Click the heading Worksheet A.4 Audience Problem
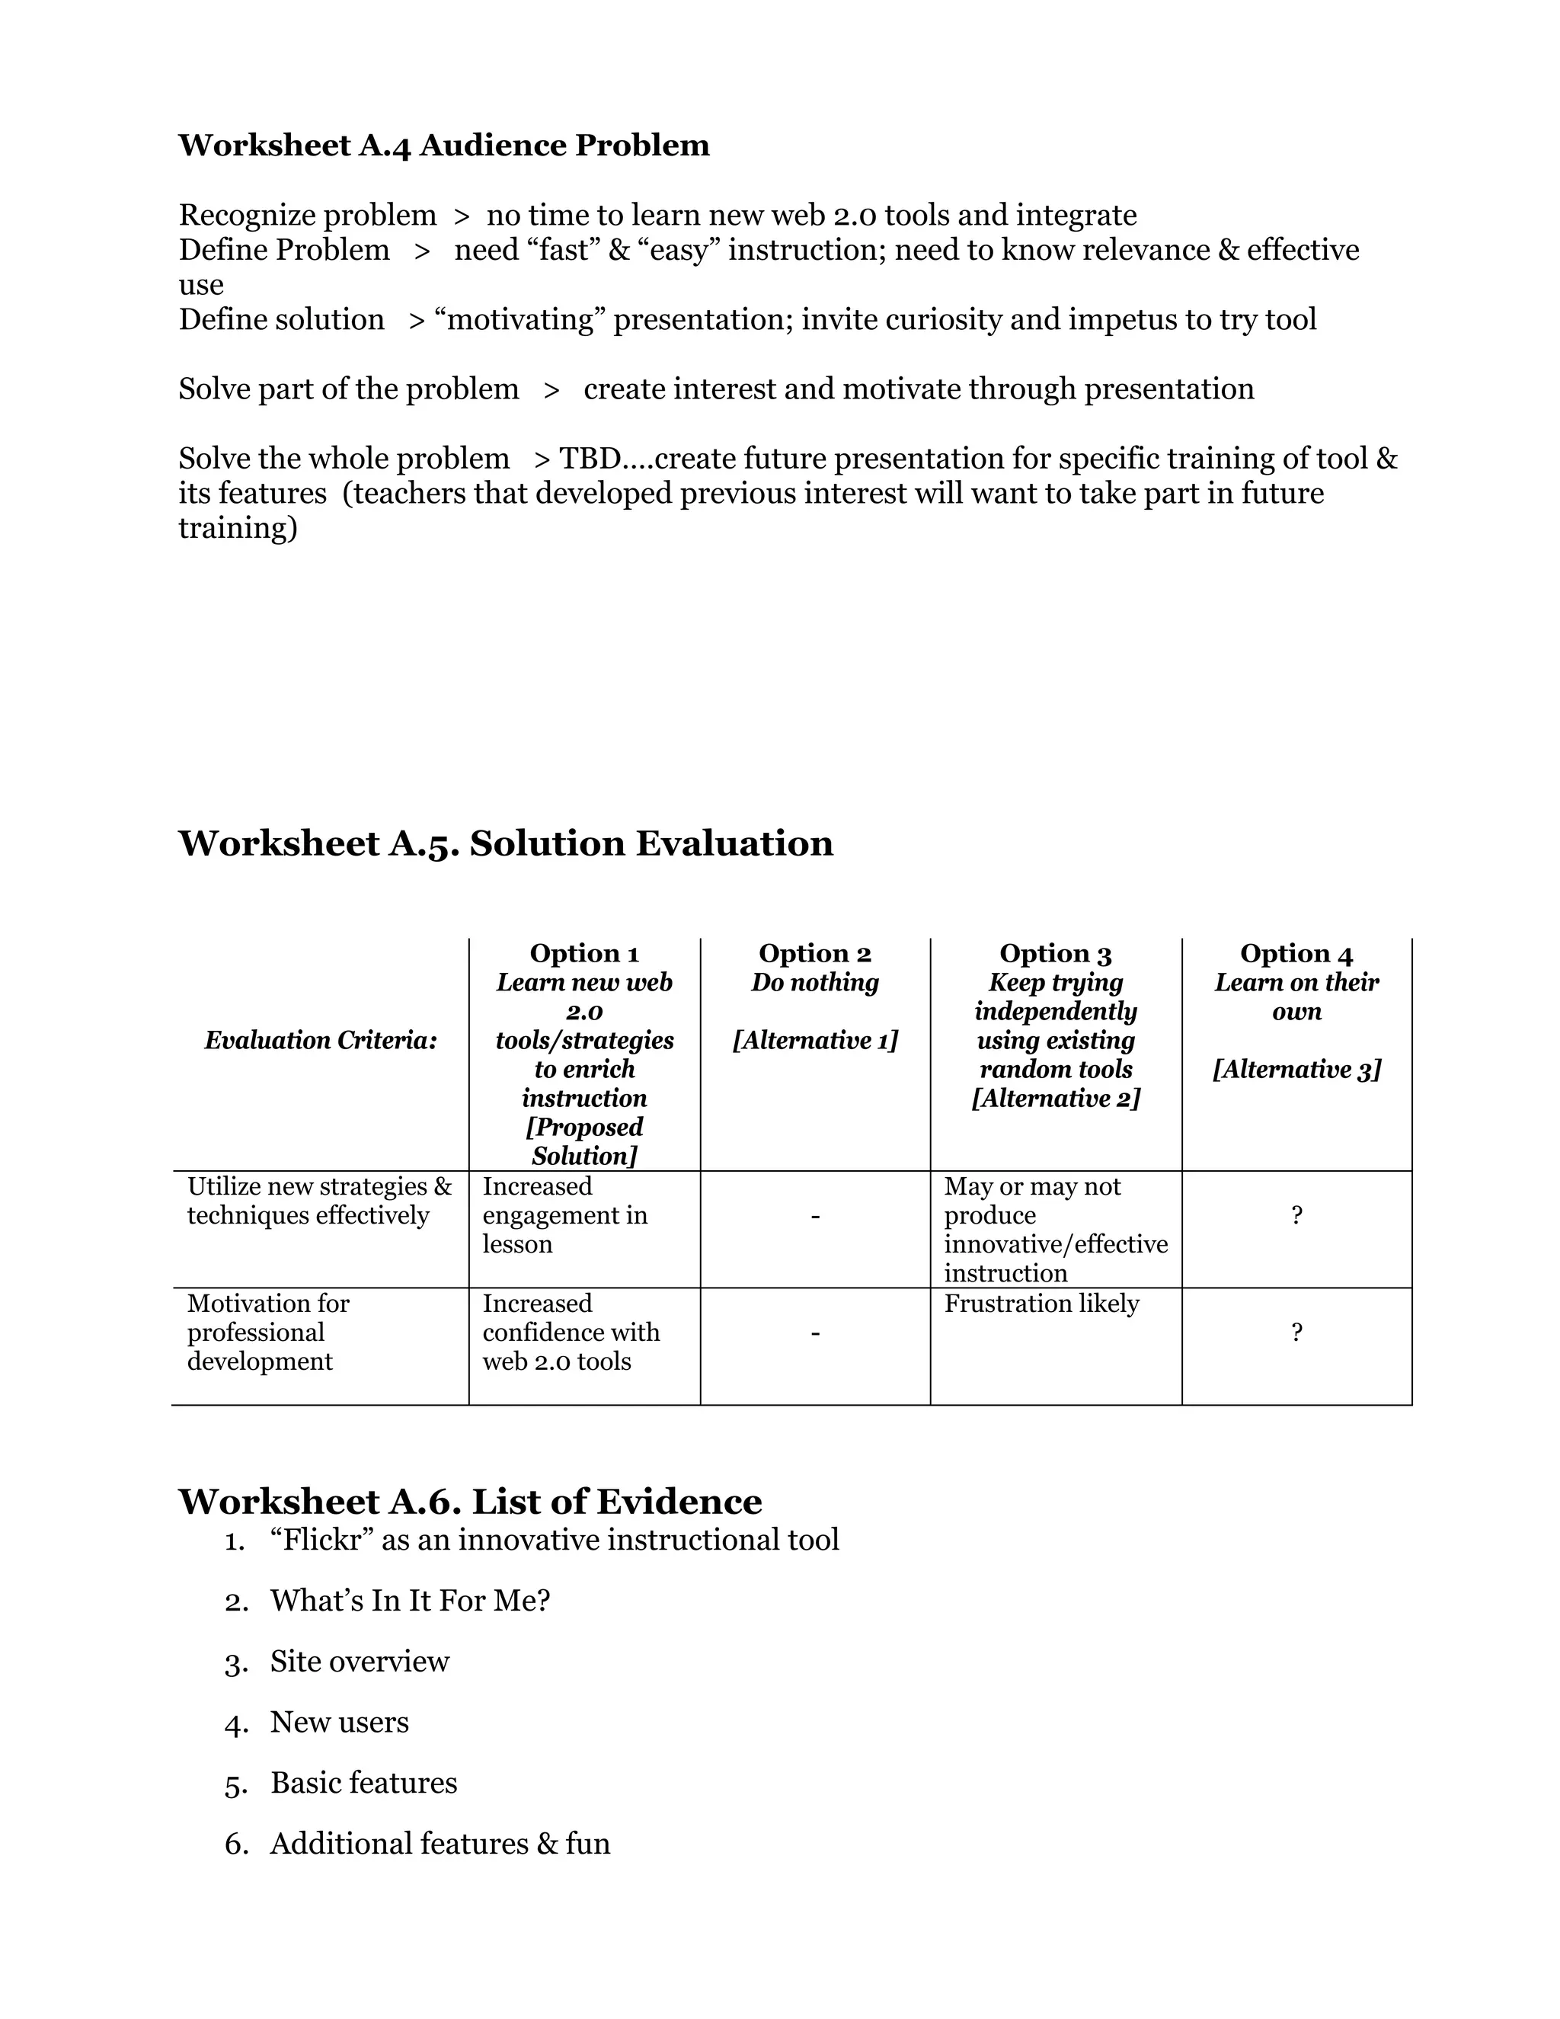click(x=443, y=145)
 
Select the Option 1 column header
click(x=584, y=953)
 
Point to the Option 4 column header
click(x=1296, y=953)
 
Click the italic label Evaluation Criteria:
click(x=321, y=1040)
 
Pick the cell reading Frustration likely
click(x=1041, y=1304)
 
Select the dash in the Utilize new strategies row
click(x=814, y=1216)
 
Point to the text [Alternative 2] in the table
click(x=1056, y=1098)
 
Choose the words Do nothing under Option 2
click(x=814, y=983)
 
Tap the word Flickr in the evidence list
click(x=319, y=1540)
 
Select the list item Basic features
click(x=363, y=1784)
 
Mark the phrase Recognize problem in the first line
click(x=307, y=216)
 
